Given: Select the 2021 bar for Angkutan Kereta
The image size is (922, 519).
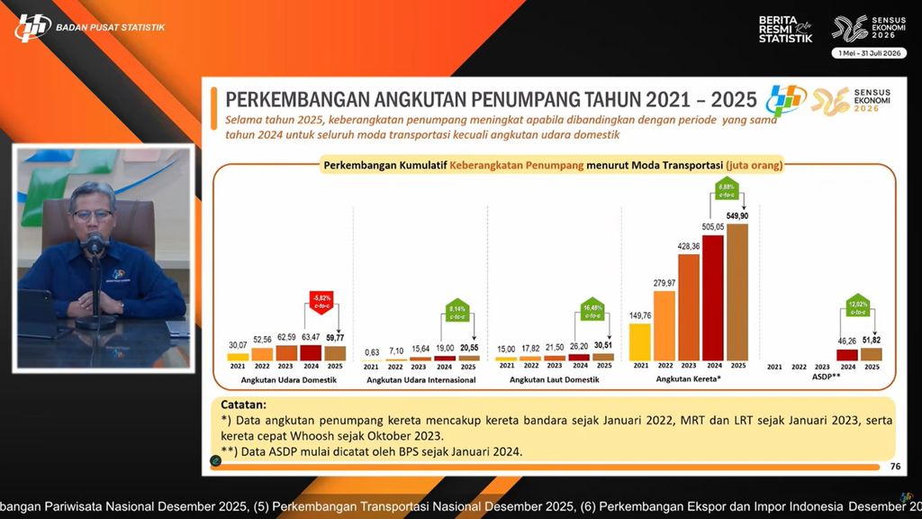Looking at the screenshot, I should pyautogui.click(x=640, y=341).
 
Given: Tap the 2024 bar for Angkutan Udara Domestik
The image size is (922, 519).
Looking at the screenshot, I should pyautogui.click(x=311, y=352).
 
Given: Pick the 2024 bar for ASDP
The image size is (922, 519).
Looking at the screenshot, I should pyautogui.click(x=847, y=354).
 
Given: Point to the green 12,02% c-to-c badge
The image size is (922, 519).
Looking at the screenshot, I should pyautogui.click(x=858, y=306).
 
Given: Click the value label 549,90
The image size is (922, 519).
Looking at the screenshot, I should pyautogui.click(x=737, y=217).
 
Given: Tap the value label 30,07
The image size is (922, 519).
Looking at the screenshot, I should pyautogui.click(x=238, y=346).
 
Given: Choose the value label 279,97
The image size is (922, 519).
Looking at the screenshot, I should pyautogui.click(x=664, y=283).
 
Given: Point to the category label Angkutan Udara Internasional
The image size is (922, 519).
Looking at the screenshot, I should pyautogui.click(x=420, y=380).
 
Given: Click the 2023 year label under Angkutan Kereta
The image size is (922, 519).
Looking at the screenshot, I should pyautogui.click(x=689, y=366).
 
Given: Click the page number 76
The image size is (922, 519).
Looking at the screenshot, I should pyautogui.click(x=894, y=466).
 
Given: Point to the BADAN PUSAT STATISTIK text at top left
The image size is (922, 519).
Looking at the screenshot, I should pyautogui.click(x=110, y=27).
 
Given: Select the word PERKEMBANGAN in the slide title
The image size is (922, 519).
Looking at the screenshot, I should pyautogui.click(x=288, y=98).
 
